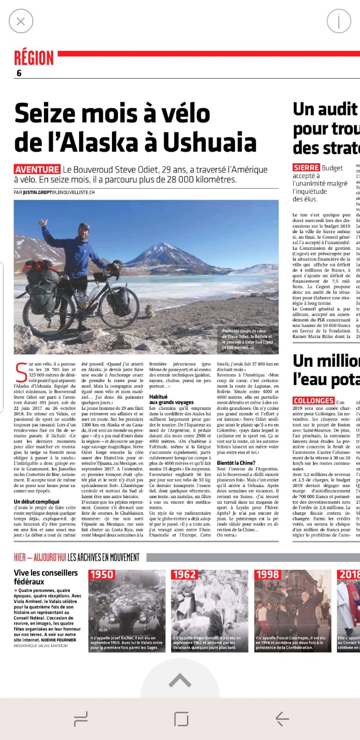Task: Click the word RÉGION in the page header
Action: point(34,58)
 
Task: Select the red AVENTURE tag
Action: point(37,169)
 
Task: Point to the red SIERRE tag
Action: point(306,167)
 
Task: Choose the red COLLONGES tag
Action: point(313,401)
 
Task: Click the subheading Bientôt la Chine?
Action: point(236,462)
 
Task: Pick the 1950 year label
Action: point(101,574)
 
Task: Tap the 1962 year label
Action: point(184,574)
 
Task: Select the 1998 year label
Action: point(267,574)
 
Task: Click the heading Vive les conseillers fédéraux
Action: point(46,577)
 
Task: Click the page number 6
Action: point(19,73)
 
